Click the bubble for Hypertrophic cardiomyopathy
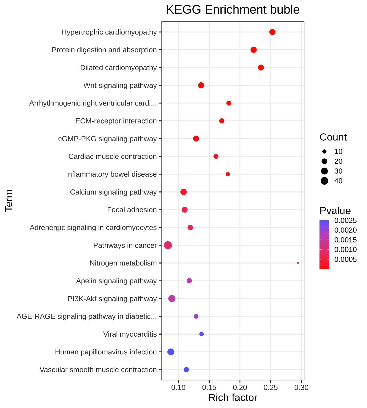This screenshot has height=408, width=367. (x=272, y=32)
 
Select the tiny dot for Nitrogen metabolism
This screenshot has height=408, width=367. (x=298, y=263)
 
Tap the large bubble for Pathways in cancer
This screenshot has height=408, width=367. (x=168, y=245)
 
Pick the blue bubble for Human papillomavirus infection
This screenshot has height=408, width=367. (x=171, y=352)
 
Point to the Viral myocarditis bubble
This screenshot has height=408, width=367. (x=202, y=334)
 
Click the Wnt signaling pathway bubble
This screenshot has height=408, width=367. (x=201, y=85)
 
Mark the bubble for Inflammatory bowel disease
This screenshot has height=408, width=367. (x=228, y=174)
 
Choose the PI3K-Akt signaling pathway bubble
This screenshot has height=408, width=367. (x=172, y=298)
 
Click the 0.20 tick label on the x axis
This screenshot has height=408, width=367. (x=240, y=387)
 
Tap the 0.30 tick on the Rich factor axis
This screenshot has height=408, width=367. (x=302, y=387)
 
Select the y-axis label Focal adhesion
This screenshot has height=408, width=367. (x=132, y=210)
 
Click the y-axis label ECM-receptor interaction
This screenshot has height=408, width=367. (x=116, y=121)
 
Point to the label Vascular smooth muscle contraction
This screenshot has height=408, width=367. (x=98, y=370)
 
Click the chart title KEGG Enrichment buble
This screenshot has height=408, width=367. (x=233, y=10)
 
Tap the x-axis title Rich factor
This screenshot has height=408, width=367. (x=233, y=398)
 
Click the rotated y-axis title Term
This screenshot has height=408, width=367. (x=9, y=201)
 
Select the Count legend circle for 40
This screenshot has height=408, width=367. (x=324, y=181)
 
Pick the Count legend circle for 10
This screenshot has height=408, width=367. (x=324, y=151)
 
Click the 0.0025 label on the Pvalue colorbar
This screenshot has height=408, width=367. (x=345, y=221)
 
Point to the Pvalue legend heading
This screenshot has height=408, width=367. (x=335, y=211)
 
